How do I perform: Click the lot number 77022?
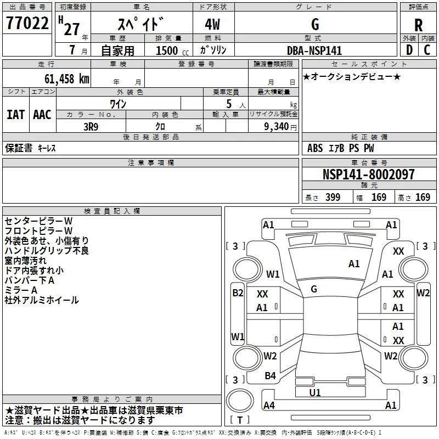[x=27, y=23]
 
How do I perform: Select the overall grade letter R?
[x=418, y=25]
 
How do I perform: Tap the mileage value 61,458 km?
[x=66, y=79]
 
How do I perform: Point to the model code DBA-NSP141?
[x=314, y=50]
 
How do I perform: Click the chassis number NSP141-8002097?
[x=368, y=174]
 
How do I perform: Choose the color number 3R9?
[x=91, y=127]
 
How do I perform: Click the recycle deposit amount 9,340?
[x=277, y=127]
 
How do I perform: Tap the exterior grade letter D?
[x=409, y=50]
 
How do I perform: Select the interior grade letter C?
[x=427, y=50]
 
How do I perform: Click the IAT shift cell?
[x=16, y=115]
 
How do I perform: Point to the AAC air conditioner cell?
[x=42, y=115]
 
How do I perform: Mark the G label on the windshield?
[x=314, y=289]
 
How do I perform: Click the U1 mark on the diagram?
[x=314, y=392]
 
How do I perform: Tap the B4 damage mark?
[x=270, y=376]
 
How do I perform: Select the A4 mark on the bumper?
[x=269, y=405]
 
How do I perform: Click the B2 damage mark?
[x=238, y=293]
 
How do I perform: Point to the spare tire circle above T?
[x=240, y=400]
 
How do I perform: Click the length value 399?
[x=333, y=198]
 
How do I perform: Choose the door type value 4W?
[x=212, y=24]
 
